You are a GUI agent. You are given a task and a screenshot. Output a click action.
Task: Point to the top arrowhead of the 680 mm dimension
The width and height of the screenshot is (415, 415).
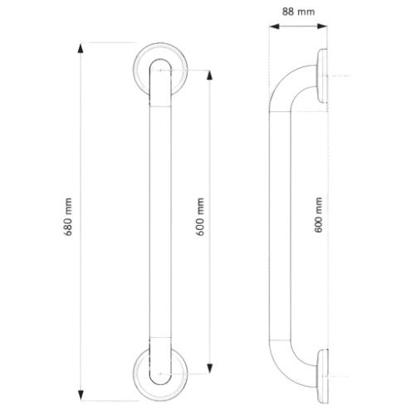click(81, 48)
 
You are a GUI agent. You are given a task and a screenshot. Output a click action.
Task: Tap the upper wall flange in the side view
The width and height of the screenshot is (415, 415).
click(322, 78)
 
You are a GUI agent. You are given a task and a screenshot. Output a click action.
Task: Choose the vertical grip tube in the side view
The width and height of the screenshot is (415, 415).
click(274, 217)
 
